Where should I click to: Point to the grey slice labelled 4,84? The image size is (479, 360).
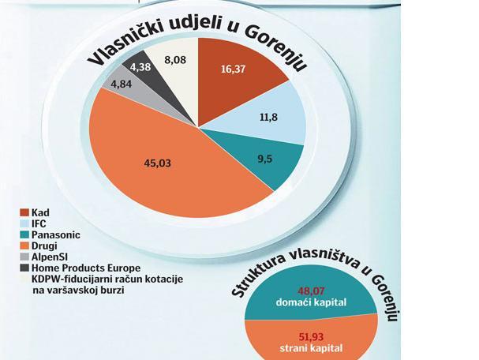click(122, 84)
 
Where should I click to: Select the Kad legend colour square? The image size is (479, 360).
click(24, 212)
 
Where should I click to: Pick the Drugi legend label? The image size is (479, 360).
click(44, 246)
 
